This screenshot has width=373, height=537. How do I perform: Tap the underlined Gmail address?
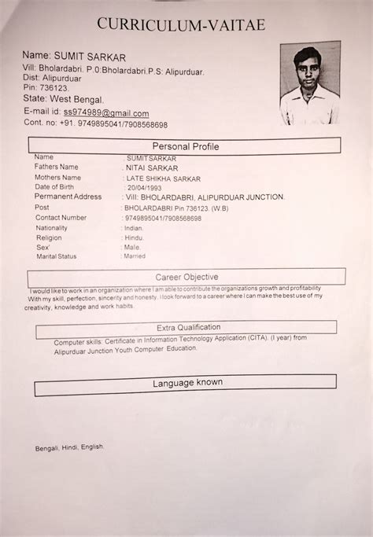coord(106,113)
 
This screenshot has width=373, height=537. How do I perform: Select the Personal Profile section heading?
coord(186,146)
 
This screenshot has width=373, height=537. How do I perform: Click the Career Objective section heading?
coord(186,277)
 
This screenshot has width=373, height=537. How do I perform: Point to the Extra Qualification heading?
coord(188,327)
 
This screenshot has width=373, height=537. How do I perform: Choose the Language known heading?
coord(187,383)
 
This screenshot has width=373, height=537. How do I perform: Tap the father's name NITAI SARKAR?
coord(152,167)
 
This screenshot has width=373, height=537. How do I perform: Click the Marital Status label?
coord(56,256)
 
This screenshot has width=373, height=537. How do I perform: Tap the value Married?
coord(135,256)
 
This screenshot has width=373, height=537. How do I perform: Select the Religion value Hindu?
coord(135,237)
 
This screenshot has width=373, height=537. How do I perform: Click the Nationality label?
coord(51,227)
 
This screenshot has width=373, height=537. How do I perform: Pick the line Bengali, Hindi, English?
coord(69,447)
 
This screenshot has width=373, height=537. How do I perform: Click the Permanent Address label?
coord(68,197)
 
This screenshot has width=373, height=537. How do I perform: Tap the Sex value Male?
coord(133,247)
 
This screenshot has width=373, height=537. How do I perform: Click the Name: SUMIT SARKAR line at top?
coord(74,56)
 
